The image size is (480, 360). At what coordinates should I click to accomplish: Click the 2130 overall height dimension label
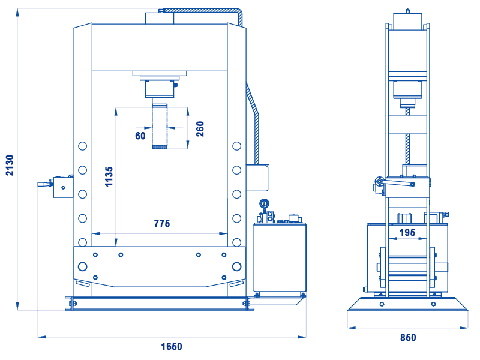coord(10,166)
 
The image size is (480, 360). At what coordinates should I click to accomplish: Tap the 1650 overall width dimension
coord(172,347)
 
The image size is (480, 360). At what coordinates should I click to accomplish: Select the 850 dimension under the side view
coord(408,337)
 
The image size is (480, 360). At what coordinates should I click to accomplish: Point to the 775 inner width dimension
coord(162,223)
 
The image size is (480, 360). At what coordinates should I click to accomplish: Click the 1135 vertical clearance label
coord(109,176)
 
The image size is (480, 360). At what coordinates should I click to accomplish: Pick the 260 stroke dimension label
coord(200,129)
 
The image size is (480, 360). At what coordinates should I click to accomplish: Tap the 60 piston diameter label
coord(140,136)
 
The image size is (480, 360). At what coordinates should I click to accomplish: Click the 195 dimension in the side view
coord(407,233)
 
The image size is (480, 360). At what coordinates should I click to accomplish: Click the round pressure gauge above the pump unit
coord(264,203)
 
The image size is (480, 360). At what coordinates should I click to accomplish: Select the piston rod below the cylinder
coord(160,124)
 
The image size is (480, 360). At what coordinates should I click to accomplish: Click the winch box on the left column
coord(63,187)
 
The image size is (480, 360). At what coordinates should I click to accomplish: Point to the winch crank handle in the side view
coord(398,184)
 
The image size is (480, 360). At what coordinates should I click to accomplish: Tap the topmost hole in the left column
coord(83,146)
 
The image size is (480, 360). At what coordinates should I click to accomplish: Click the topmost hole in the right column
coord(236,146)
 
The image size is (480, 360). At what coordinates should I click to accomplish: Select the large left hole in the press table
coord(83,266)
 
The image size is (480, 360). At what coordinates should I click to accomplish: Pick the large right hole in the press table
coord(236,266)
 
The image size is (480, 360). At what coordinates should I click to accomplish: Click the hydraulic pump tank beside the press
coord(280,257)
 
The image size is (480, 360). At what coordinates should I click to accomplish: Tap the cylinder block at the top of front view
coord(160,19)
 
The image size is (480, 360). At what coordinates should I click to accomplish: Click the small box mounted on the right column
coord(257,178)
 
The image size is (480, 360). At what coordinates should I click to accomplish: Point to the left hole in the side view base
coord(382,304)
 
